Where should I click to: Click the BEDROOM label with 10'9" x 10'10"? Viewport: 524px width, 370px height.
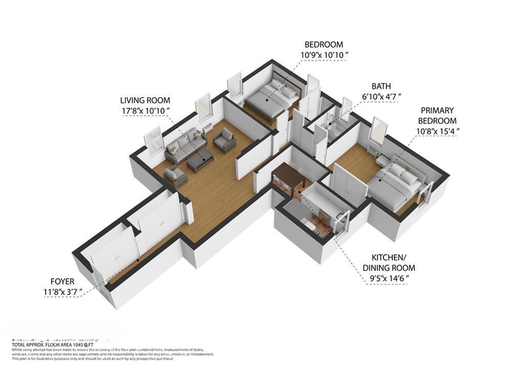pyautogui.click(x=323, y=45)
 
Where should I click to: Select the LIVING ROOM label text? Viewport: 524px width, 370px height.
pyautogui.click(x=145, y=100)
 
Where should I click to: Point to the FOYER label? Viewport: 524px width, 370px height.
pyautogui.click(x=62, y=281)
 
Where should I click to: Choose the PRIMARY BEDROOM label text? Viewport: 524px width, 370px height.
pyautogui.click(x=437, y=116)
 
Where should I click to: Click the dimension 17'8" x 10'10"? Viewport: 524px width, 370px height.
pyautogui.click(x=145, y=111)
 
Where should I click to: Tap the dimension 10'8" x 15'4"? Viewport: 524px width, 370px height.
pyautogui.click(x=437, y=131)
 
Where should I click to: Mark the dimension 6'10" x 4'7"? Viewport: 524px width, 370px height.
pyautogui.click(x=381, y=96)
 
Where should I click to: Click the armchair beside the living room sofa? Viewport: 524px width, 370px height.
pyautogui.click(x=224, y=140)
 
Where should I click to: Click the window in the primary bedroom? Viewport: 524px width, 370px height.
pyautogui.click(x=379, y=131)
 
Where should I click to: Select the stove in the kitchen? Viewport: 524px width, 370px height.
pyautogui.click(x=319, y=232)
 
